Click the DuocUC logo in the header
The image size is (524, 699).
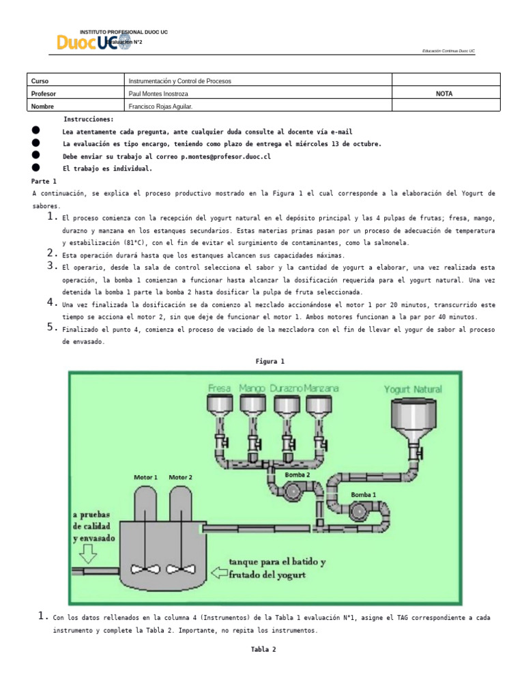point(92,43)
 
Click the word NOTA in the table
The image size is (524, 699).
point(444,94)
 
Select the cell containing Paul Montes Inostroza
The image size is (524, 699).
point(158,94)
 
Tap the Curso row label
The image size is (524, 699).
point(40,81)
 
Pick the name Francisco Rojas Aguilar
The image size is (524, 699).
point(165,106)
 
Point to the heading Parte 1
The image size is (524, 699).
point(45,181)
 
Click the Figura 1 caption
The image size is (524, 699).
point(270,361)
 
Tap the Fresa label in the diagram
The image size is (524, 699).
point(220,389)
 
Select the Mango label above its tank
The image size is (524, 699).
point(252,389)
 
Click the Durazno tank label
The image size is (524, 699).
point(286,389)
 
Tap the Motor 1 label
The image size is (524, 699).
point(146,477)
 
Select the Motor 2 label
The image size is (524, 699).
point(181,477)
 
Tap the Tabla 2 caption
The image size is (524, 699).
point(263,650)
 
